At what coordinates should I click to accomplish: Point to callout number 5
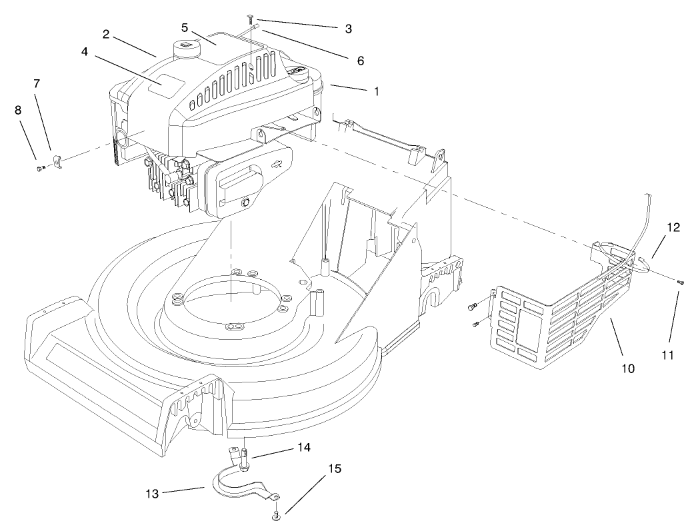[185, 28]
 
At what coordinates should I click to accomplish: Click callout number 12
[672, 227]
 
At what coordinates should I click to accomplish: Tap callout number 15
[335, 469]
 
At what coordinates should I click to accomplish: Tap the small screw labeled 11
[680, 283]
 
